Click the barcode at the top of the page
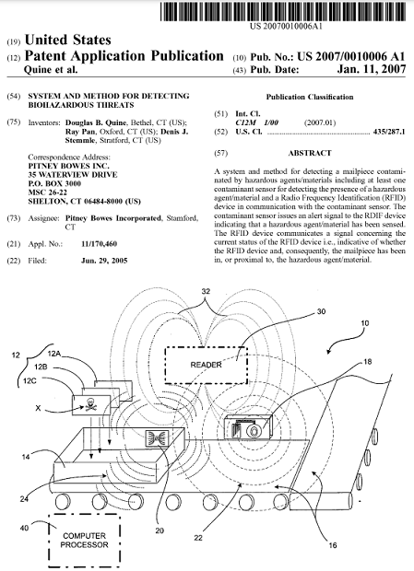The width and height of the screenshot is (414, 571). (283, 11)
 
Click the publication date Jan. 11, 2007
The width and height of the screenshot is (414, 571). (371, 69)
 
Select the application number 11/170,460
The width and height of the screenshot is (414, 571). (100, 244)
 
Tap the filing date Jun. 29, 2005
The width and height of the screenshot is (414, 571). (104, 261)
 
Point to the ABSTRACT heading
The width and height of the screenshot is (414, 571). (310, 153)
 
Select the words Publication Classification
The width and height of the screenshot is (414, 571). (310, 97)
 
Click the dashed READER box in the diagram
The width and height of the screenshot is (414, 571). (206, 365)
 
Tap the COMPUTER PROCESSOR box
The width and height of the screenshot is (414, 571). (85, 541)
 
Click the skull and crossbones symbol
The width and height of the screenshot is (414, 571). (89, 404)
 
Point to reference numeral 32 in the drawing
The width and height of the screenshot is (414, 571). (206, 291)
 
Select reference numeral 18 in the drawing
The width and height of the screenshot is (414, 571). (367, 361)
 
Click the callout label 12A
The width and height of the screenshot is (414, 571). (53, 353)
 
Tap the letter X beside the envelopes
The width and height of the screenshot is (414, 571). (38, 408)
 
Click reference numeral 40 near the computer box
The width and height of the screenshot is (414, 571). (24, 528)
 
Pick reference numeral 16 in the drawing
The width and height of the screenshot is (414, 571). (333, 545)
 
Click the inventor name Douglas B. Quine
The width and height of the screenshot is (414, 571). (96, 122)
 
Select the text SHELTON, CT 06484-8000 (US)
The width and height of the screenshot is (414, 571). (84, 201)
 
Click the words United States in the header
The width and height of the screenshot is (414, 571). (68, 40)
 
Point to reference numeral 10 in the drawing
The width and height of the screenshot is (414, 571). (365, 323)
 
